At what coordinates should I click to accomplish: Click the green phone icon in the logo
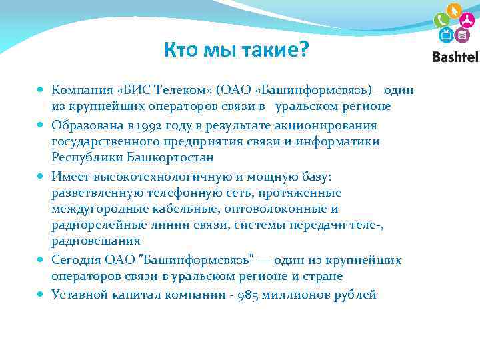(441, 19)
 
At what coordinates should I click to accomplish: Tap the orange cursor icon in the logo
(455, 11)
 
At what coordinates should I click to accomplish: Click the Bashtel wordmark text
(455, 57)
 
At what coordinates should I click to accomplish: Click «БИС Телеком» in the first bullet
(162, 89)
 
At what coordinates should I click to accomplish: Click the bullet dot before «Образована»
(41, 125)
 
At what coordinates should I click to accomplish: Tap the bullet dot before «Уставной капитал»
(41, 294)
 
